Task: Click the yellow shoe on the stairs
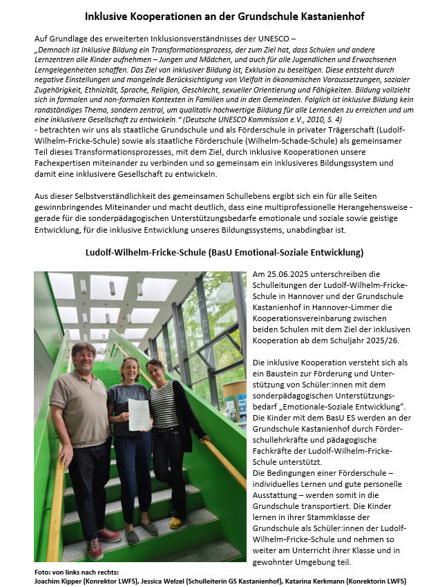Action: point(175,522)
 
